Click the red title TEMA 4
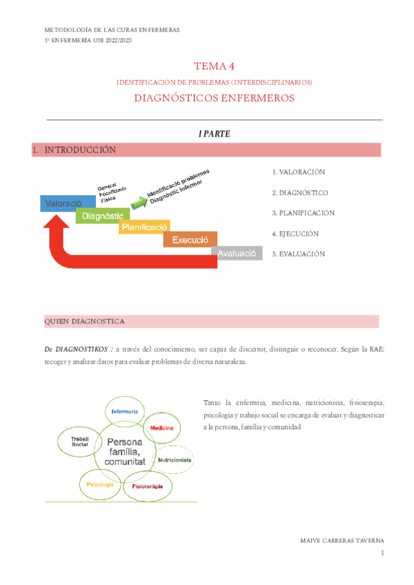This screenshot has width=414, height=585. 214,66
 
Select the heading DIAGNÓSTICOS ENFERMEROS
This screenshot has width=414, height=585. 214,98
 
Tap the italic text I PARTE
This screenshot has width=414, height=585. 214,134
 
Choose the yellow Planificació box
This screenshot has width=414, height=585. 144,227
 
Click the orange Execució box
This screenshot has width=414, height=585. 190,239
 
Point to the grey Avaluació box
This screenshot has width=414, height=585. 237,253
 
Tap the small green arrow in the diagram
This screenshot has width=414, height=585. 139,201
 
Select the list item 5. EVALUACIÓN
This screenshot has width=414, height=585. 297,254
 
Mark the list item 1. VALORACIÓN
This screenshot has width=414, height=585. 297,172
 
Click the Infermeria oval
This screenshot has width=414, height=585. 125,411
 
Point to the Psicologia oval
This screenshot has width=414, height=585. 100,484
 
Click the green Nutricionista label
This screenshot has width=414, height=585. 175,459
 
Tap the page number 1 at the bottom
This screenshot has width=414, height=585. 381,553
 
